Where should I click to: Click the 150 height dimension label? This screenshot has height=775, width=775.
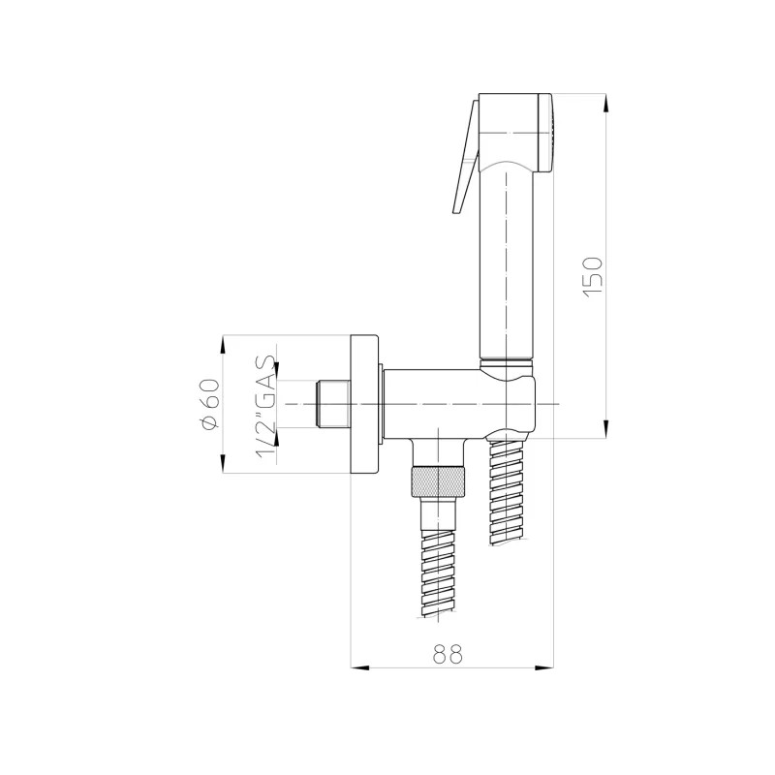point(594,275)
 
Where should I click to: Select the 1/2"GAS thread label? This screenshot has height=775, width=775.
point(264,405)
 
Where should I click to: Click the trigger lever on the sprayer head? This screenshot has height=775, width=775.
point(464,160)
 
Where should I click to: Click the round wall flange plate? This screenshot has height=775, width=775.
point(365,404)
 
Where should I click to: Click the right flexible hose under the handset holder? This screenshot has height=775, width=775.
point(509,494)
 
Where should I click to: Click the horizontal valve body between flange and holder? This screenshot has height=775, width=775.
point(436,402)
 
